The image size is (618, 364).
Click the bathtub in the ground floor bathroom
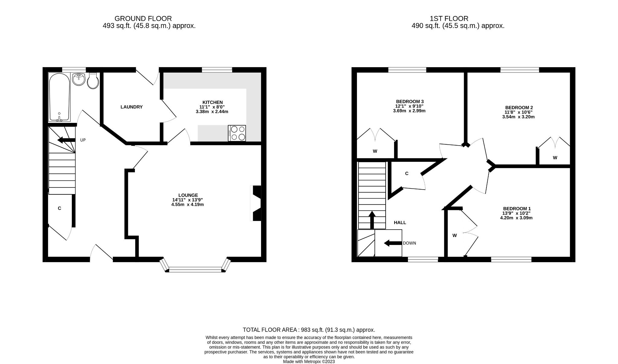[x=59, y=97]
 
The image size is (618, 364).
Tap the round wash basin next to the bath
[x=79, y=79]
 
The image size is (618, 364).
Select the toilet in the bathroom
[x=93, y=81]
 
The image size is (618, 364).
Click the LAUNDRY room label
[x=131, y=107]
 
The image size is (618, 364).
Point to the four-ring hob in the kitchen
[x=237, y=133]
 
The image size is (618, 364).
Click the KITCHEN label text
[x=212, y=102]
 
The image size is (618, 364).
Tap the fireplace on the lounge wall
[x=256, y=203]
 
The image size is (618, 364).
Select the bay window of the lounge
[x=195, y=269]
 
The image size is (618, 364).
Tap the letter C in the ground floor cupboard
[x=59, y=208]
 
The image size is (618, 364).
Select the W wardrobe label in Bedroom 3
[x=375, y=151]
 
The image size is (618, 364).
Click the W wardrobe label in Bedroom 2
[x=555, y=158]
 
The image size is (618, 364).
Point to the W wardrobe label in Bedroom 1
[x=454, y=236]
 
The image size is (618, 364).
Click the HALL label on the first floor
[x=400, y=223]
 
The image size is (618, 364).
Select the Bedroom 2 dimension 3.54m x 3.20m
[x=518, y=117]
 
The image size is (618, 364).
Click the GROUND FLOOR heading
[x=143, y=19]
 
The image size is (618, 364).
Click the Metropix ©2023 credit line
[x=309, y=362]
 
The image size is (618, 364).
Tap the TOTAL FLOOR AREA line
[x=309, y=330]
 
